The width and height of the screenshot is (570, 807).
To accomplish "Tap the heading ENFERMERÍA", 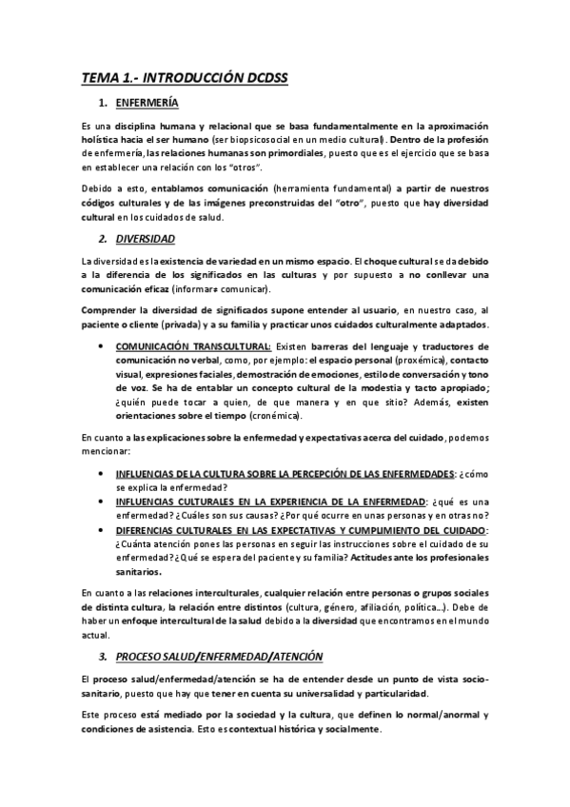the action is click(x=147, y=103).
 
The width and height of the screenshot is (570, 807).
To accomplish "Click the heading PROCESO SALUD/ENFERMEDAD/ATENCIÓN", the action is click(x=220, y=656).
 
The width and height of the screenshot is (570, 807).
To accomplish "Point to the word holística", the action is click(x=110, y=138).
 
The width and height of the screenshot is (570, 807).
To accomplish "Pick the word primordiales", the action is click(x=290, y=152).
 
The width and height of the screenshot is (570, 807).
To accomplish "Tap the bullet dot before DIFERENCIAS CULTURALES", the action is click(x=100, y=529).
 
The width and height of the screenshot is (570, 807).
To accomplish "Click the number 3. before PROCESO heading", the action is click(x=103, y=656).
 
